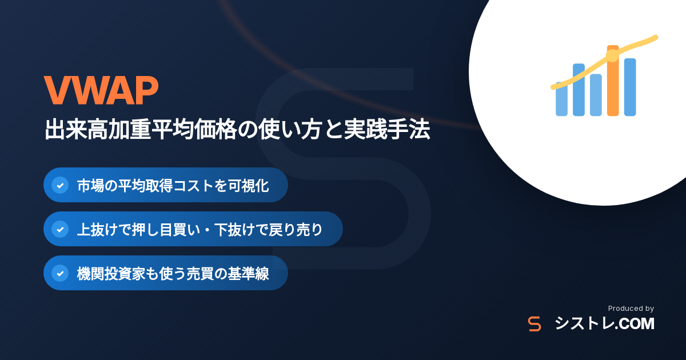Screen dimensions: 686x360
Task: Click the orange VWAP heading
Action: [101, 90]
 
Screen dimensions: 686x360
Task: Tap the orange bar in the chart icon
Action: [613, 81]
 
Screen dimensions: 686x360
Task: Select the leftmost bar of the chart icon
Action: [561, 99]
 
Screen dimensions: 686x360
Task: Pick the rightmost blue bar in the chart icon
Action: [630, 87]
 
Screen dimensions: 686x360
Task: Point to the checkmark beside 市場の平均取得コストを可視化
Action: [60, 185]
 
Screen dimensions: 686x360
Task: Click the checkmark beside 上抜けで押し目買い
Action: [60, 229]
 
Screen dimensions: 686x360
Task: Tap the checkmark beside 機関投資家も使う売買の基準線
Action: [60, 273]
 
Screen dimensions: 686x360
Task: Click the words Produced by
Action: [631, 309]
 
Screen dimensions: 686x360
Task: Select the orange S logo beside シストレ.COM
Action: [535, 324]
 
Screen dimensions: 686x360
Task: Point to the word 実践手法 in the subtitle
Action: [387, 129]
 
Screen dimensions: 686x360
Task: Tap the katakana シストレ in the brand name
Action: [584, 324]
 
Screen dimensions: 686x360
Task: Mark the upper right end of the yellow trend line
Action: [656, 37]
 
